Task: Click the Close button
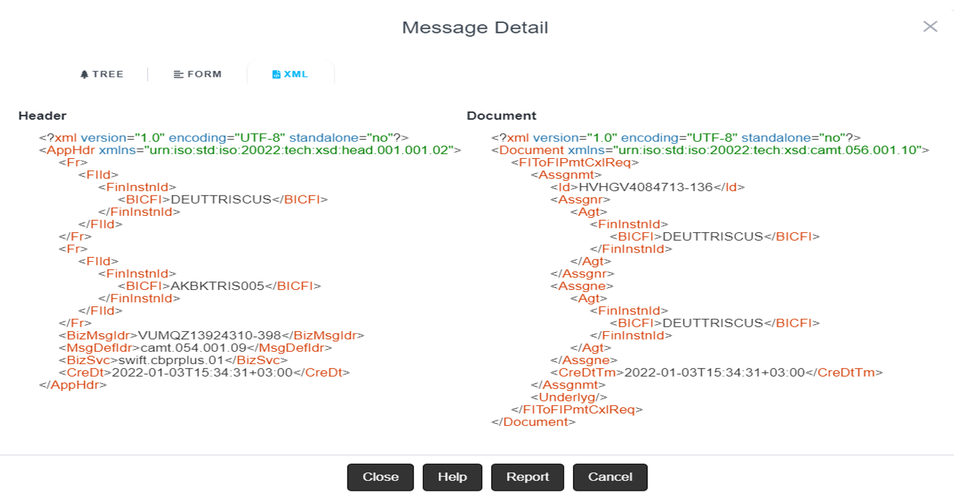coord(380,477)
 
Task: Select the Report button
coord(527,477)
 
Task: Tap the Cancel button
coord(610,477)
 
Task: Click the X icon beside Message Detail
coord(930,27)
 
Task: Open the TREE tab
coord(102,74)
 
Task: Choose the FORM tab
coord(198,74)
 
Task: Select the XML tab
coord(290,74)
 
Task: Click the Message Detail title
coord(475,28)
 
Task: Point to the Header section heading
coord(42,116)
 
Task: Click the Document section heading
coord(502,116)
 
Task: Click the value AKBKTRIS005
coord(217,286)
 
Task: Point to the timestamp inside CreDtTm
coord(714,373)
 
